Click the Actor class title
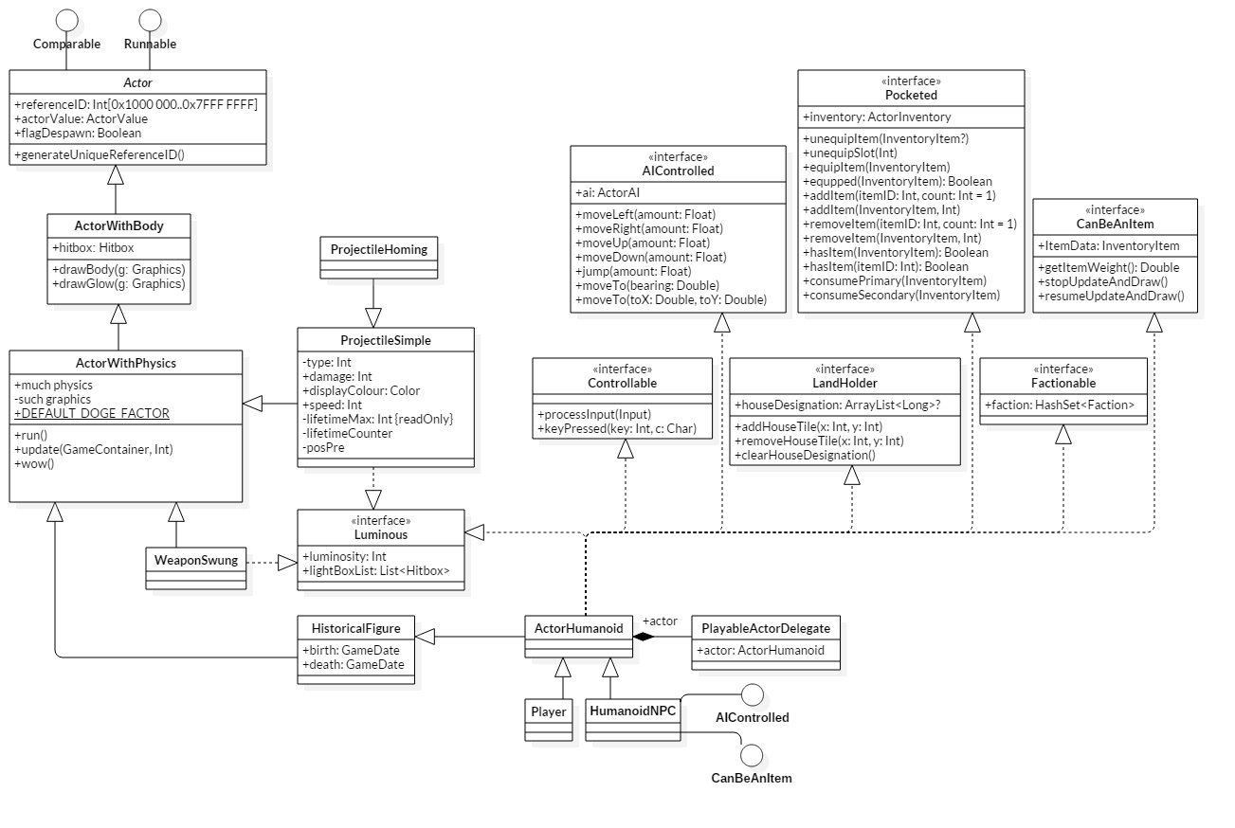pos(138,82)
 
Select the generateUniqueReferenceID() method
pos(100,154)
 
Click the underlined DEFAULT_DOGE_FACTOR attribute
pos(92,413)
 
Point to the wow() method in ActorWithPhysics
pos(34,463)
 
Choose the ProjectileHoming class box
pos(378,249)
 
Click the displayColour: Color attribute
pos(360,390)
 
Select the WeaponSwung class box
pos(196,560)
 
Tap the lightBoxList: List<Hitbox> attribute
pos(375,570)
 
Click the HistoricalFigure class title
pos(356,628)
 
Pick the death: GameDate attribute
pos(353,664)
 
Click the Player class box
pos(549,711)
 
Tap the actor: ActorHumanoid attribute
pos(760,650)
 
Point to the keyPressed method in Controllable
pos(616,429)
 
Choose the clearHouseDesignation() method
pos(805,455)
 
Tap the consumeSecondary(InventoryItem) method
pos(900,295)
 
